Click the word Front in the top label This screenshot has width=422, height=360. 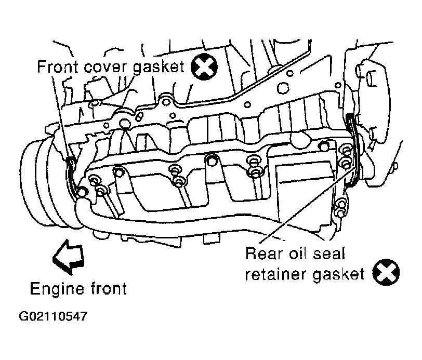click(x=57, y=66)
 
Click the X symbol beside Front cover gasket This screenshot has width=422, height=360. click(x=204, y=66)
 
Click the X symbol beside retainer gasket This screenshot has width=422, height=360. click(x=386, y=272)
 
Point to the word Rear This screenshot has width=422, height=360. click(x=264, y=254)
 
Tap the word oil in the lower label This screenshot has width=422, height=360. click(x=298, y=254)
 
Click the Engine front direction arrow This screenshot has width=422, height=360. click(x=69, y=257)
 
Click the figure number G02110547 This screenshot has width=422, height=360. click(x=54, y=316)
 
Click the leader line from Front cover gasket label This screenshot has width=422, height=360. click(x=60, y=118)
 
